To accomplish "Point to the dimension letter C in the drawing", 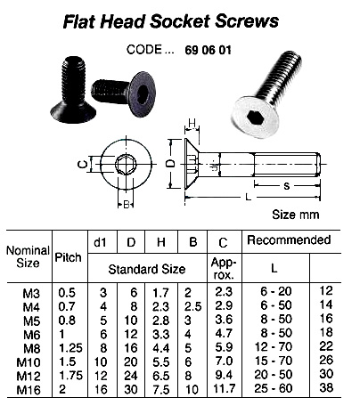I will click(x=81, y=164).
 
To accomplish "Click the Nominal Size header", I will click(x=28, y=258).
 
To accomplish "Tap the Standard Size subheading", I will click(x=146, y=268).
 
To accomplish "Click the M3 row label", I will click(x=29, y=291).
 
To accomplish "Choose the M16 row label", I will click(x=29, y=389).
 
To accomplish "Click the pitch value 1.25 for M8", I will click(x=67, y=347).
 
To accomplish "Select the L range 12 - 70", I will click(x=274, y=347).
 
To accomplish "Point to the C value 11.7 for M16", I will click(x=223, y=389).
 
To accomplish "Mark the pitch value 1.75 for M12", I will click(x=67, y=375).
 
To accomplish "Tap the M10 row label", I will click(x=29, y=361).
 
